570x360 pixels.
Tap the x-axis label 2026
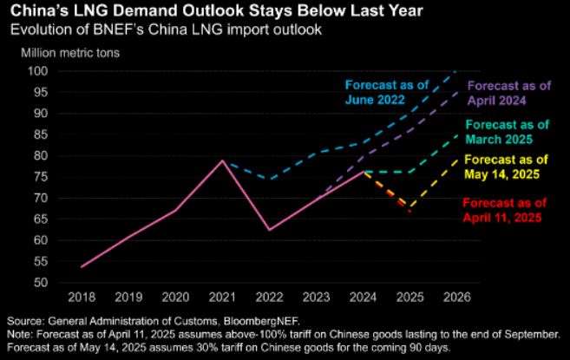(455, 297)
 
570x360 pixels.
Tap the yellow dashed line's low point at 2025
(409, 207)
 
